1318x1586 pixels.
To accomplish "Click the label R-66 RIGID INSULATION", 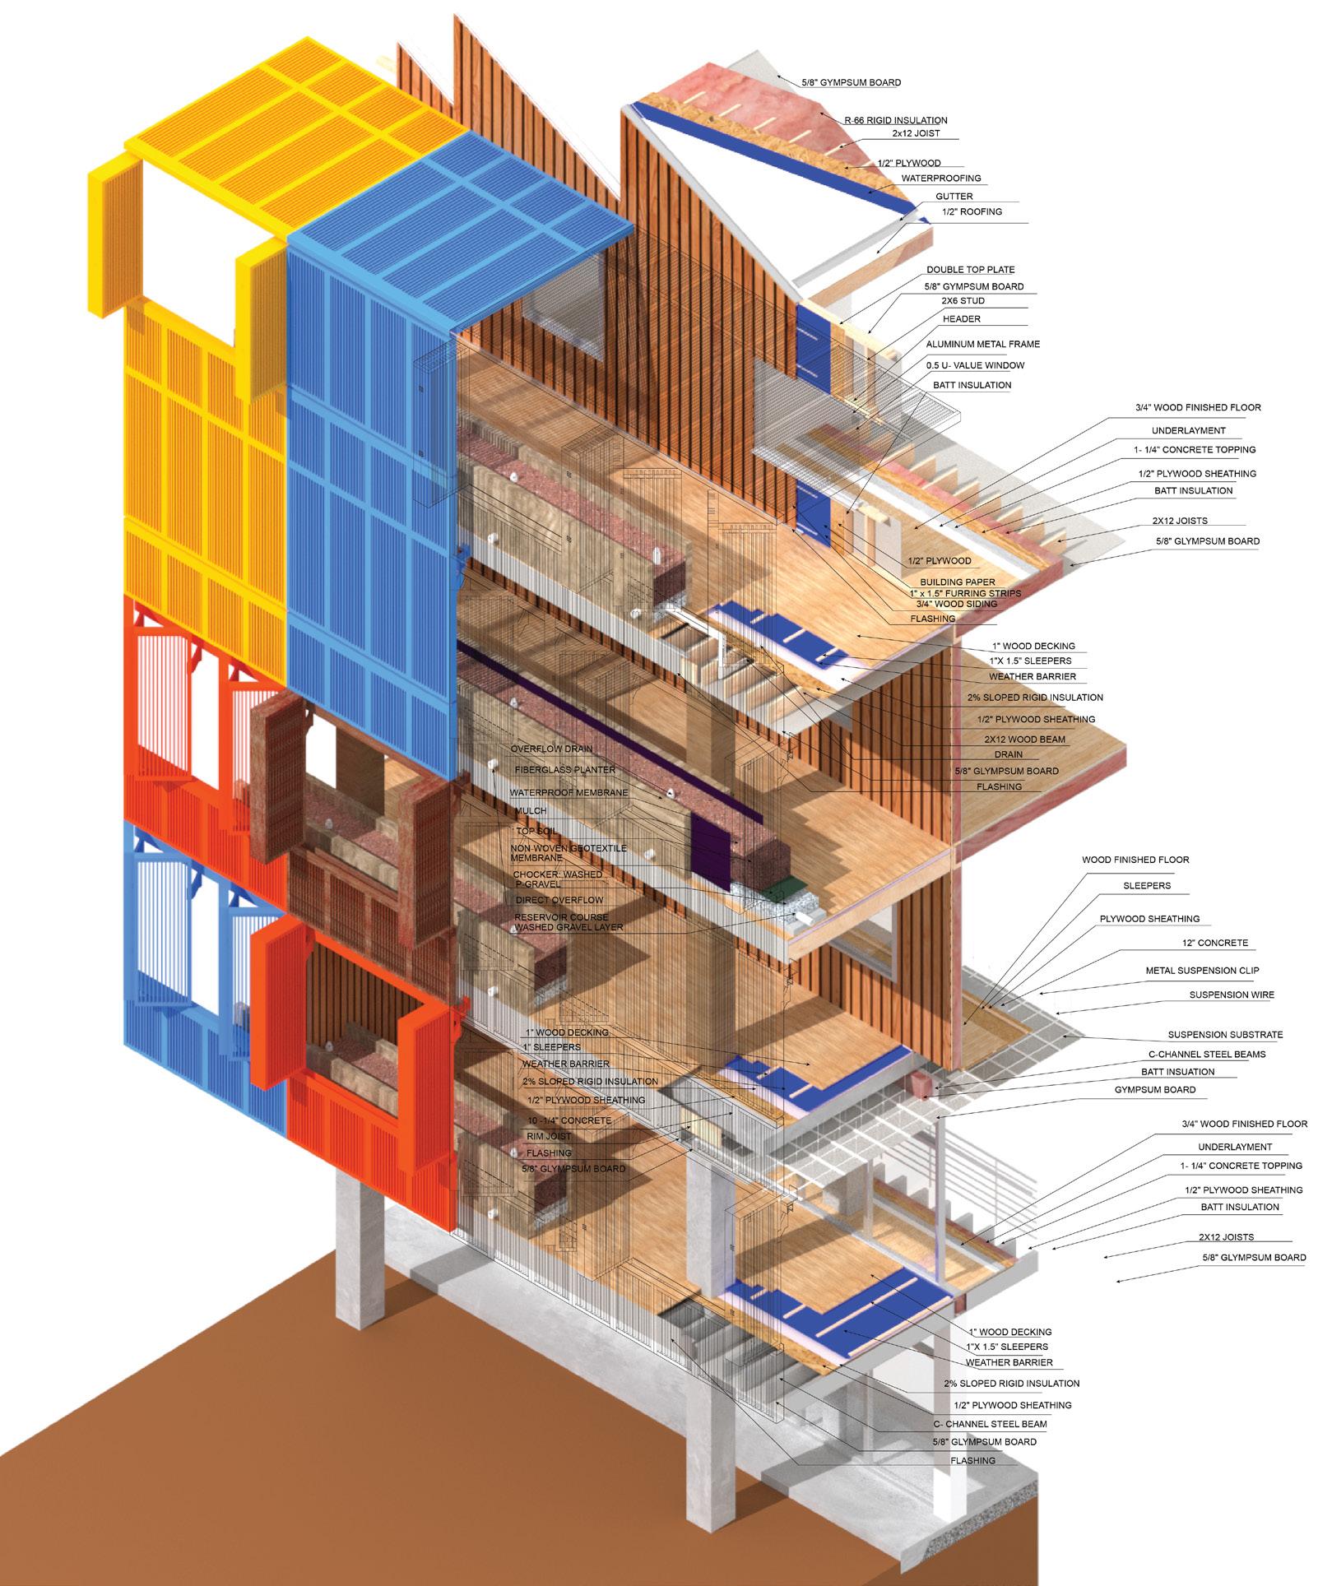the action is coord(895,120).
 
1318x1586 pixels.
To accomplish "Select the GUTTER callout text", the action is coord(954,197).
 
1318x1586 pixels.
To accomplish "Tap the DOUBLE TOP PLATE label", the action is coord(970,270).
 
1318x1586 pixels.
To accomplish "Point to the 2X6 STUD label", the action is coord(963,302).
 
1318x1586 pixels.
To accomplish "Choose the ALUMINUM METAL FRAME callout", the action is coord(982,345).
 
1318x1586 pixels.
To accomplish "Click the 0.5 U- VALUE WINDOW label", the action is coord(975,365).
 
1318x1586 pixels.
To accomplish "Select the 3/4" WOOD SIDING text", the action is coord(954,605).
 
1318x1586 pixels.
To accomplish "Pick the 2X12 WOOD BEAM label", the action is coord(1024,740).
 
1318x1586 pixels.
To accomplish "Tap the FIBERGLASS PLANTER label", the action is coord(564,770).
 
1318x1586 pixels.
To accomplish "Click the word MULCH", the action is coord(530,811).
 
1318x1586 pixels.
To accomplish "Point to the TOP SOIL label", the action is coord(536,832).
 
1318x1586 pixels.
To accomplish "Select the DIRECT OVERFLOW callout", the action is coord(559,901).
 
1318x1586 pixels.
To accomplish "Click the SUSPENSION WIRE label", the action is coord(1231,995).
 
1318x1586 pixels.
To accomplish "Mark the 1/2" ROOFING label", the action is coord(972,212).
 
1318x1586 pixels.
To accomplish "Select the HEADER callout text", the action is coord(961,319).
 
